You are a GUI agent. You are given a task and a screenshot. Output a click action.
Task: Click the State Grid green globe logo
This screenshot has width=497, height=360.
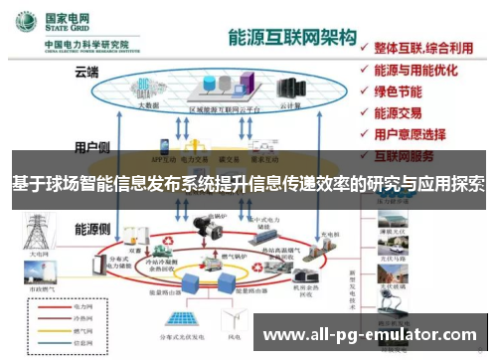tap(29, 22)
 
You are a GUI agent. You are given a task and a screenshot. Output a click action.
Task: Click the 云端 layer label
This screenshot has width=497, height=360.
tap(87, 72)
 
